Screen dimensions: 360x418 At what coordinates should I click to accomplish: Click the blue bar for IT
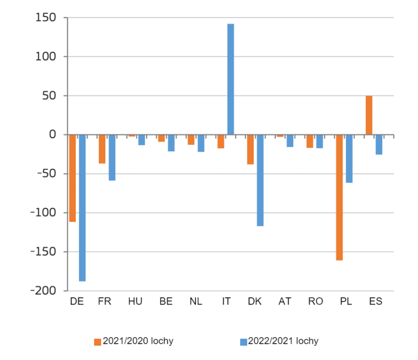tap(230, 79)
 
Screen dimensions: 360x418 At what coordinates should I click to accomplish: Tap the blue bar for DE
tap(82, 208)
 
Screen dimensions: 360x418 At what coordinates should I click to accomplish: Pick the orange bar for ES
tap(369, 115)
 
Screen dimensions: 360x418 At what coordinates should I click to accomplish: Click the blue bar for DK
tap(260, 180)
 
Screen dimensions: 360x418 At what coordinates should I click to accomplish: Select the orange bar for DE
tap(72, 178)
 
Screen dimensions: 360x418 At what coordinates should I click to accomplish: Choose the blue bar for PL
tap(349, 159)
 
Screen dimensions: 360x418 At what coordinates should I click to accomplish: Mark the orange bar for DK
tap(250, 149)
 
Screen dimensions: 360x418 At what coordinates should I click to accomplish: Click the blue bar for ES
tap(379, 145)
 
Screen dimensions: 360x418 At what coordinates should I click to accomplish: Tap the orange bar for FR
tap(102, 149)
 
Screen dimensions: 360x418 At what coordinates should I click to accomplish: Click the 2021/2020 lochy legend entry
tap(134, 341)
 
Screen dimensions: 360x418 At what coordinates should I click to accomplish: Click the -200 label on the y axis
tap(47, 291)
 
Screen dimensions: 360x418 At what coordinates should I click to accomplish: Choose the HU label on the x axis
tap(135, 301)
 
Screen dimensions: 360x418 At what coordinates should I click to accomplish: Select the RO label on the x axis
tap(316, 301)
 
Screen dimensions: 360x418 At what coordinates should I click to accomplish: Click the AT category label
tap(285, 301)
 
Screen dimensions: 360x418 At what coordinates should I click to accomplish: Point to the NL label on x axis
tap(196, 301)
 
